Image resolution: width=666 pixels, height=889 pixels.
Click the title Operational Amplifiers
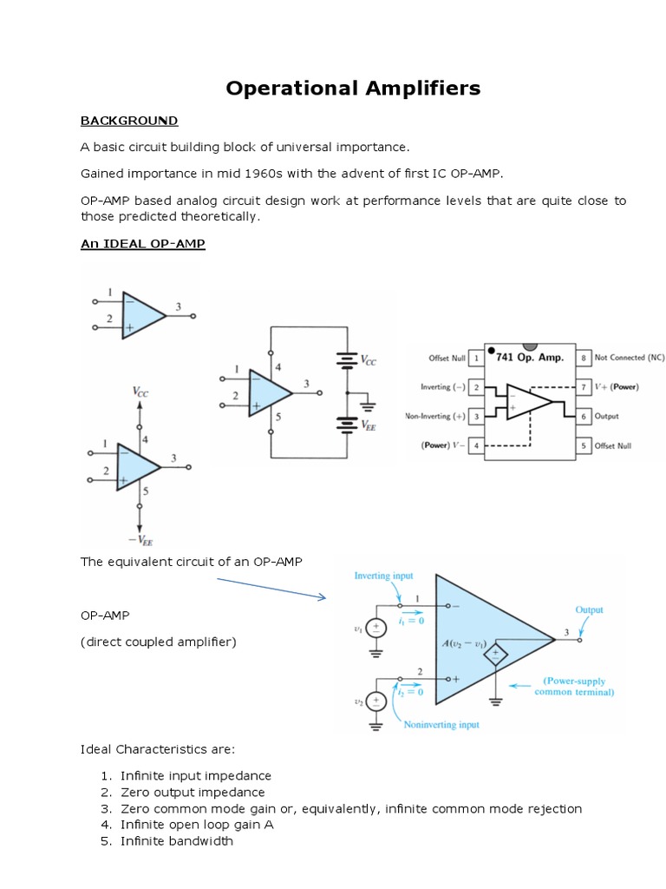353,89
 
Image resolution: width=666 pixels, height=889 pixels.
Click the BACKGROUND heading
129,121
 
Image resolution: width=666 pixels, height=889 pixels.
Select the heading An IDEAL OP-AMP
143,244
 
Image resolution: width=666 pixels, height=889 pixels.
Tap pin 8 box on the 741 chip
584,358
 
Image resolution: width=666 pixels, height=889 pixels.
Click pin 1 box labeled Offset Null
477,358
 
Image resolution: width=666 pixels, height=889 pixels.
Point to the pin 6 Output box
584,417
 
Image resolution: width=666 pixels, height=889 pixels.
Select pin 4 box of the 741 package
477,446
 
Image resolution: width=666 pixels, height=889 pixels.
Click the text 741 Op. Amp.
531,357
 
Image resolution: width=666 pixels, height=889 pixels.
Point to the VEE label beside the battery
369,427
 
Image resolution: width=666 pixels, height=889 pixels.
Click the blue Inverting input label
384,576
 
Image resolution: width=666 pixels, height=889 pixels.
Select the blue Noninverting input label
441,724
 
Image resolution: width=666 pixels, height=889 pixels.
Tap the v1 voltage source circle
375,629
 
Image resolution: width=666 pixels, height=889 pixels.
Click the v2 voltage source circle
375,701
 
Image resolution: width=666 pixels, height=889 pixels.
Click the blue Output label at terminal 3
589,610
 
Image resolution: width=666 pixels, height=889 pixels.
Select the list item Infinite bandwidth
177,841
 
